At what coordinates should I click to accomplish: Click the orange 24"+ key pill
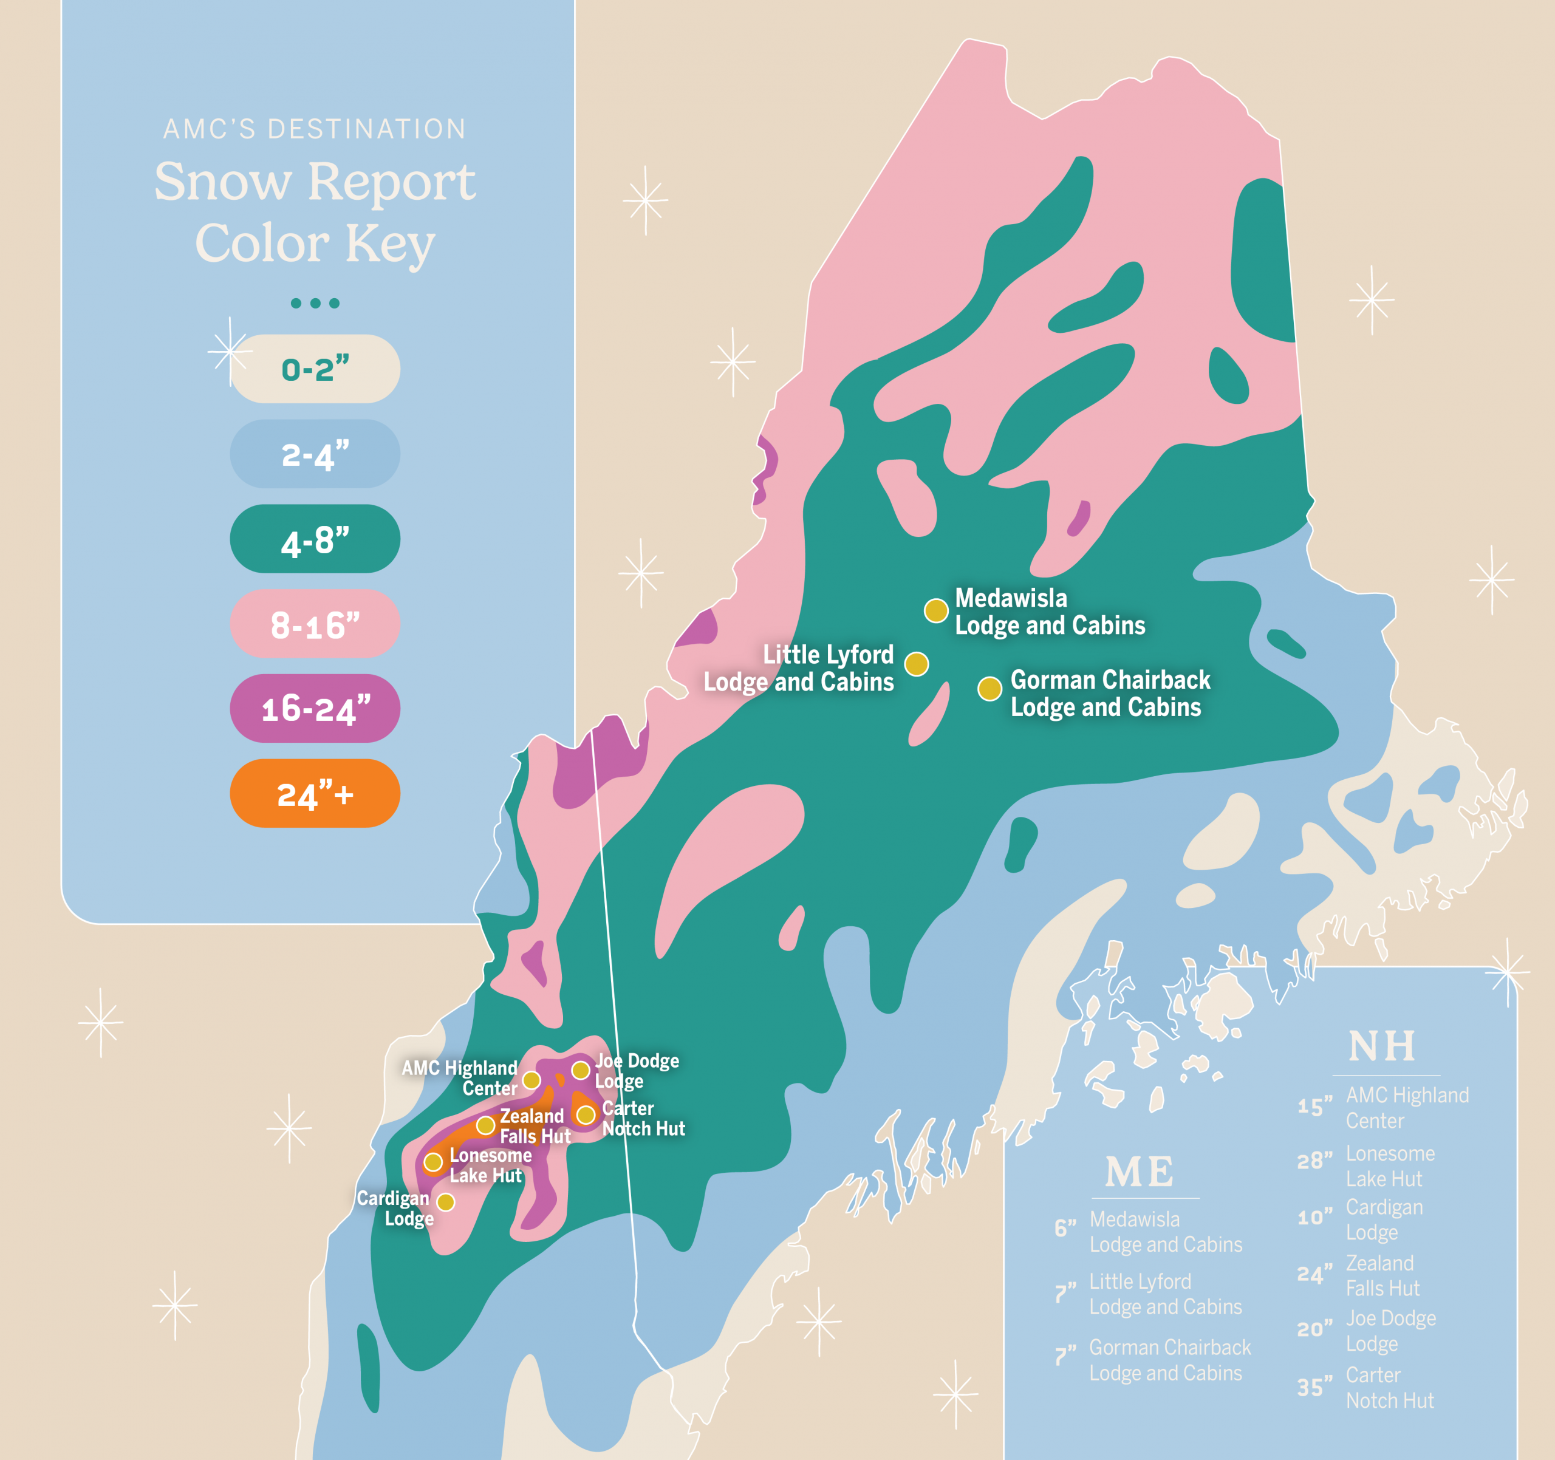point(315,793)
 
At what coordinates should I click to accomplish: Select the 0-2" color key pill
point(315,369)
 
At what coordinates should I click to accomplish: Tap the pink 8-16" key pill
point(315,624)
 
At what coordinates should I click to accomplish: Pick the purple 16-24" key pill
point(315,709)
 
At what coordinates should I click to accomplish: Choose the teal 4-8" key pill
point(315,539)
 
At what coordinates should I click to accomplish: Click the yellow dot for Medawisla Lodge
point(935,610)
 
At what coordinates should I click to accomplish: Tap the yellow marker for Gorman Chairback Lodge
point(989,688)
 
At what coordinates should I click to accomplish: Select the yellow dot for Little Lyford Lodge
point(917,664)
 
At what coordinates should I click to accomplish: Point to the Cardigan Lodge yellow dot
point(445,1201)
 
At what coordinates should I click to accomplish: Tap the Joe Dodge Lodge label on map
point(636,1071)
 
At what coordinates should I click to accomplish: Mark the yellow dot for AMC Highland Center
point(531,1080)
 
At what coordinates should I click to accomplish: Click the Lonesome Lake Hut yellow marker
point(432,1162)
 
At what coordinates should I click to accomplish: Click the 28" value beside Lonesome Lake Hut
point(1314,1161)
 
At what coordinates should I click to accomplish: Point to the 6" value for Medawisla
point(1065,1229)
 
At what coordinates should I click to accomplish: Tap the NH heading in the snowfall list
point(1382,1046)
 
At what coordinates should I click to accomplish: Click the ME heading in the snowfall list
point(1139,1172)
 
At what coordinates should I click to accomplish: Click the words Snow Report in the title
point(315,182)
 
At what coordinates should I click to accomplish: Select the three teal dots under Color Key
point(315,304)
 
